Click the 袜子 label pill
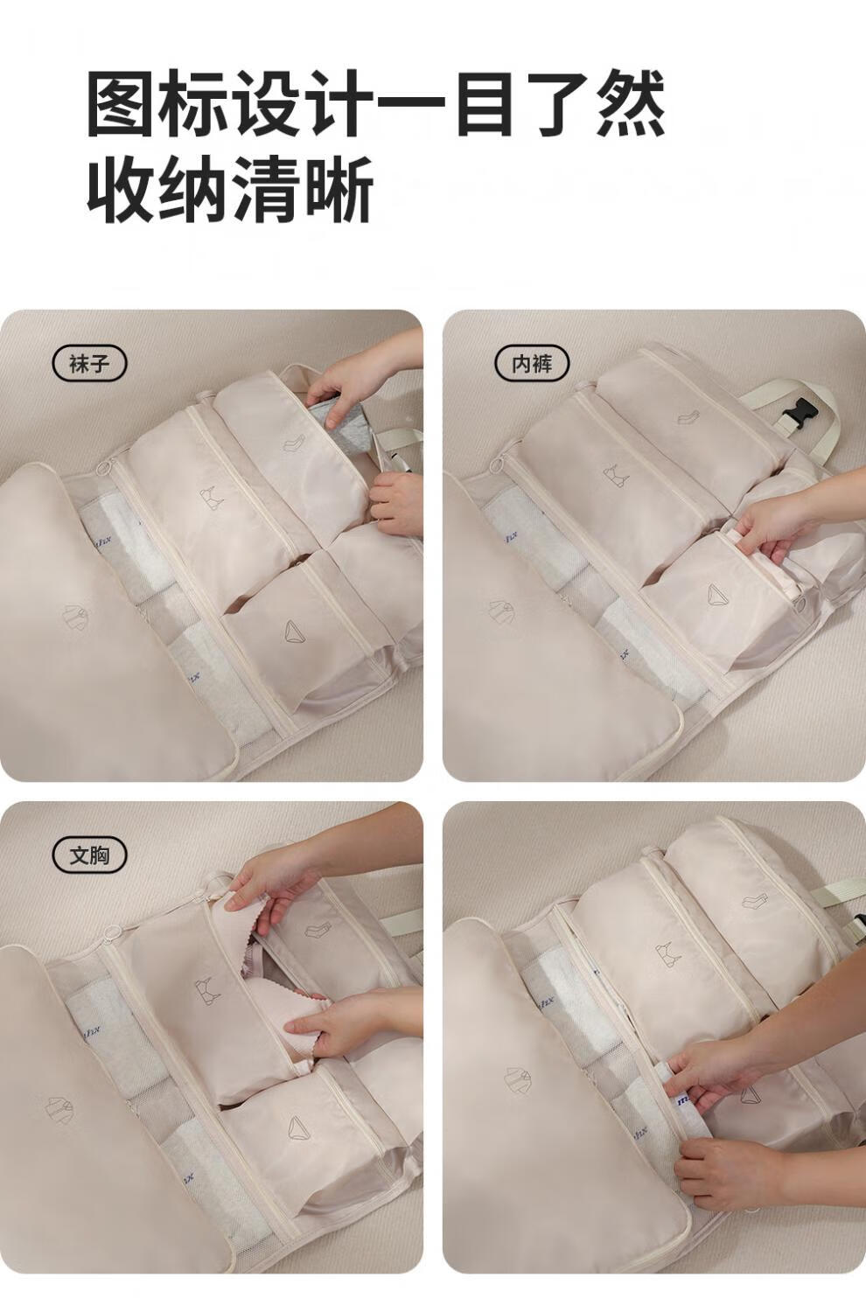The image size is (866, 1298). click(89, 364)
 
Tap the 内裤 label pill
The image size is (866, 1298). click(532, 364)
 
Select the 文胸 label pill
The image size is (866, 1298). click(89, 855)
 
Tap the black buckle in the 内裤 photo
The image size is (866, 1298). click(798, 413)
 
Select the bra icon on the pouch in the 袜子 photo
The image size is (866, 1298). click(211, 496)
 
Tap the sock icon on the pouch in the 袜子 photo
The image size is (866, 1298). click(296, 442)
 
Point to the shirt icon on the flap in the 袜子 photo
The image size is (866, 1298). click(76, 616)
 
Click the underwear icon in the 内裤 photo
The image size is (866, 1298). click(720, 594)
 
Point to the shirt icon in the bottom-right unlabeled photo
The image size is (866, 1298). click(520, 1079)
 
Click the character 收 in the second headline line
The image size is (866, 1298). click(122, 190)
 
